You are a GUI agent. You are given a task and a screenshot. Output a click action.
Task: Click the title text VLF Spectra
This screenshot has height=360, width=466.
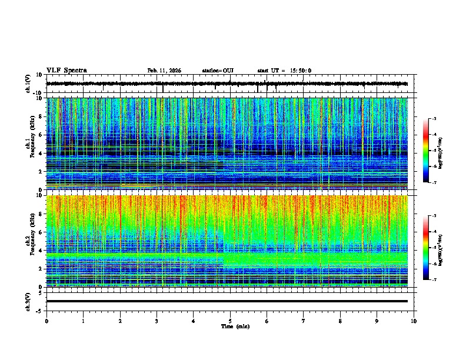point(66,71)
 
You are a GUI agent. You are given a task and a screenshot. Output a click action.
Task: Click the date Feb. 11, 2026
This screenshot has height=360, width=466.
point(164,71)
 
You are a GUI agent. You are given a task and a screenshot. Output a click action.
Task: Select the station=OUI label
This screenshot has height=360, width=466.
point(218,71)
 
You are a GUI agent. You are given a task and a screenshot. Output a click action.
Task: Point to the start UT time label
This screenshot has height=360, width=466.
point(284,71)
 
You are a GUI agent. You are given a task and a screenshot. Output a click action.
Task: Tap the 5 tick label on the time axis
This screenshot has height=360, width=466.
point(230,321)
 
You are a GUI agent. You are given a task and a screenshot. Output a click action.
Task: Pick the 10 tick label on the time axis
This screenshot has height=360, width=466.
point(414,321)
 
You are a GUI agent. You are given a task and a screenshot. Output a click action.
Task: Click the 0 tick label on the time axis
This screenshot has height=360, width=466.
point(46,321)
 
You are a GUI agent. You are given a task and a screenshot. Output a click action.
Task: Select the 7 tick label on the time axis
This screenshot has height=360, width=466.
point(304,321)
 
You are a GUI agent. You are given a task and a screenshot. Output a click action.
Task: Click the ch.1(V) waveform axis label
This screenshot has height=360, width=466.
point(28,84)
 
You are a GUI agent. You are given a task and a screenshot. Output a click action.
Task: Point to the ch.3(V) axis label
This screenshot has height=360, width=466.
point(28,301)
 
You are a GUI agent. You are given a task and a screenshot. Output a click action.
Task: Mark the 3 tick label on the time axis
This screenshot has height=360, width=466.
point(157,321)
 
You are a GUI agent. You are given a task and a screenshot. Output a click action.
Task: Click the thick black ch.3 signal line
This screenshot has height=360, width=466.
point(227,301)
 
